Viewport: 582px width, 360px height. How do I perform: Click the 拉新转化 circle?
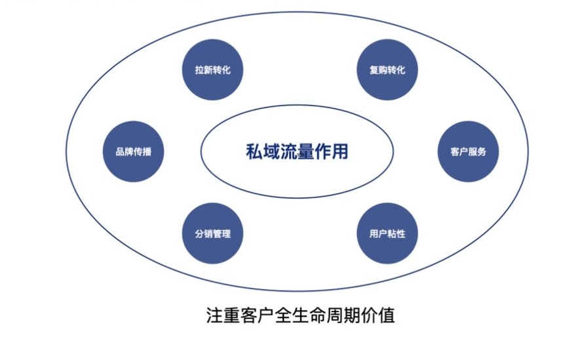213,70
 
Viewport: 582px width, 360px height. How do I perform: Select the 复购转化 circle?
387,70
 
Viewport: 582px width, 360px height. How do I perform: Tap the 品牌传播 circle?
134,151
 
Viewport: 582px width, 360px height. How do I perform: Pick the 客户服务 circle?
468,151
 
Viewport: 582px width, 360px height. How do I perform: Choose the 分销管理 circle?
213,233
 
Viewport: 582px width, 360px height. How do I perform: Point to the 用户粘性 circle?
387,233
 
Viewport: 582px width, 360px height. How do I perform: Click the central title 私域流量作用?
296,151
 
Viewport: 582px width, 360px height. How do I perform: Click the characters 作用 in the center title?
330,151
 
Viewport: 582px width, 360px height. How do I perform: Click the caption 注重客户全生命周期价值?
300,315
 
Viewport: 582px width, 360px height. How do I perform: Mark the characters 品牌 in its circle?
125,152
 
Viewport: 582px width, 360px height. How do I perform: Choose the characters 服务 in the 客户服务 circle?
477,152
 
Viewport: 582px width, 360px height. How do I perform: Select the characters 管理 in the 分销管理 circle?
222,234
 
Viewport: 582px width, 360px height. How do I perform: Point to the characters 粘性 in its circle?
396,234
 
